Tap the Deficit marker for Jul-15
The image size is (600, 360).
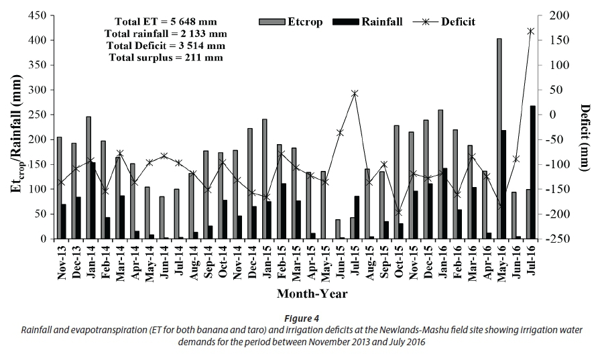pos(355,93)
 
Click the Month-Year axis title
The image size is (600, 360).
pos(312,293)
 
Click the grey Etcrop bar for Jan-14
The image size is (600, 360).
pos(88,178)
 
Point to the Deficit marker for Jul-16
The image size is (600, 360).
pos(531,31)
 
